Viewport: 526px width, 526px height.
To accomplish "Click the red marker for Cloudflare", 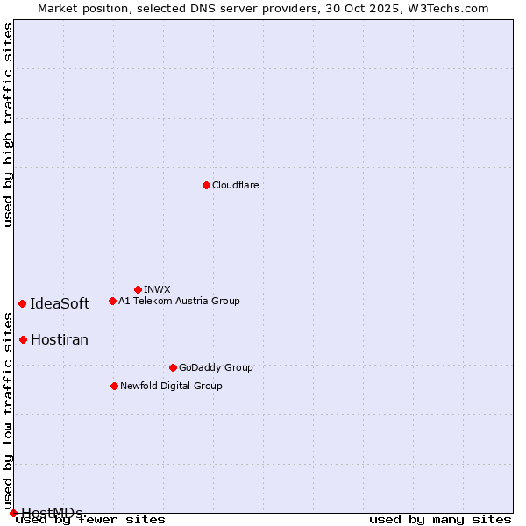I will click(x=206, y=185).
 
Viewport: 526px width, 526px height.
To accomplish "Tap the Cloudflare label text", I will click(x=235, y=185).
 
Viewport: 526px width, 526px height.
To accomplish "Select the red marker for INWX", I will click(x=138, y=289).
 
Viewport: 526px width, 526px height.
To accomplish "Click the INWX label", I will click(x=157, y=289).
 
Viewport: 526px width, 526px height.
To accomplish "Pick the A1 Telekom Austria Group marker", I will click(x=112, y=301).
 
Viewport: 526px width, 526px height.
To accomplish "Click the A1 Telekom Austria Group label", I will click(x=179, y=301).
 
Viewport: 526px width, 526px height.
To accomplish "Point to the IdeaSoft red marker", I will click(x=22, y=303).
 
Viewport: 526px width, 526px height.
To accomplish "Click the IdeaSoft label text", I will click(x=60, y=303).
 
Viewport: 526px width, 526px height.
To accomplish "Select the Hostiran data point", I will click(x=23, y=339).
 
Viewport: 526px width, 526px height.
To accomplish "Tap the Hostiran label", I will click(x=60, y=339).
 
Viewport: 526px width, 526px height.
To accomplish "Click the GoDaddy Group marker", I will click(x=173, y=367).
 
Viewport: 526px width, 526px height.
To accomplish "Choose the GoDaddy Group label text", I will click(x=216, y=367).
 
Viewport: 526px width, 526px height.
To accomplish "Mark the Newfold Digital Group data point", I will click(x=114, y=386).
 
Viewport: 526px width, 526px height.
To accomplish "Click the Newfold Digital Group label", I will click(x=171, y=386).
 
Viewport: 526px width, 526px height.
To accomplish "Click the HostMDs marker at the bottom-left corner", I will click(x=13, y=513).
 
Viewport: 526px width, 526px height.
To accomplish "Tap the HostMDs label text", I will click(x=52, y=513).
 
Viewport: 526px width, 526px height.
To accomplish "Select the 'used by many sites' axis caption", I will click(x=440, y=519).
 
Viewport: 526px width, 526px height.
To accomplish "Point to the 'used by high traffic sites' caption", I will click(x=8, y=124).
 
